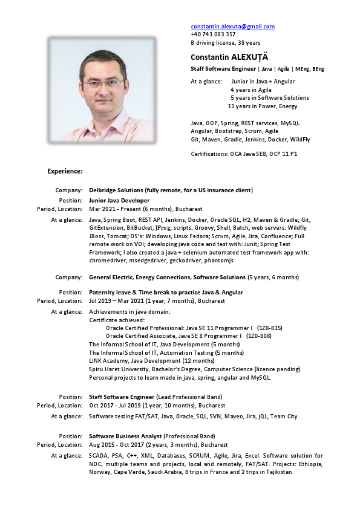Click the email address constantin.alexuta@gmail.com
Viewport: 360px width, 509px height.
[233, 27]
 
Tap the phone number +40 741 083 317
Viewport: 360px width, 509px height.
[213, 34]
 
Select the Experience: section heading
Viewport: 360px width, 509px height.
[65, 171]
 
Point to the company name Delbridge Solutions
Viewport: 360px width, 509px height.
[116, 190]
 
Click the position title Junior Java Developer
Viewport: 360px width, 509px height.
[119, 200]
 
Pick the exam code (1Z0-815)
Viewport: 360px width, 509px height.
[269, 328]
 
